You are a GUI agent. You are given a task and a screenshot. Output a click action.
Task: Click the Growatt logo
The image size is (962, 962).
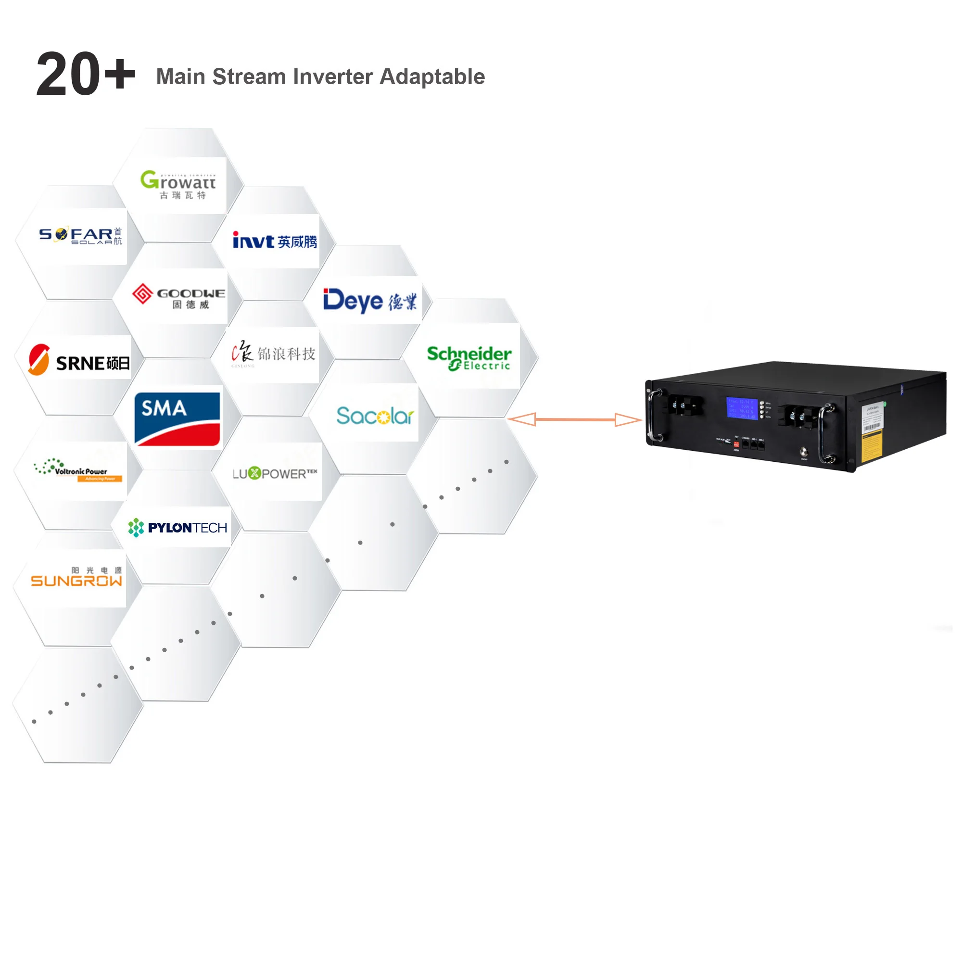pos(178,184)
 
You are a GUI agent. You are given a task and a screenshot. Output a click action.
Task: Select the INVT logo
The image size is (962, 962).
pos(274,241)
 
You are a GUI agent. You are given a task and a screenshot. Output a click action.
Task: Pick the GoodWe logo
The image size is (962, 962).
pos(178,296)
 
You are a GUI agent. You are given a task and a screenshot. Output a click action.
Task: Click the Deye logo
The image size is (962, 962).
pos(369,300)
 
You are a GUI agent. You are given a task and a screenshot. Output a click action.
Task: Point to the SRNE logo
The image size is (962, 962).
pos(79,360)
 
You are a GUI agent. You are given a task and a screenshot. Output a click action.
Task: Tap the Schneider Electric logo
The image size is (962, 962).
pos(468,357)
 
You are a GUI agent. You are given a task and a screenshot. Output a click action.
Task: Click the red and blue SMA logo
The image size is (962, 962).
pos(177,418)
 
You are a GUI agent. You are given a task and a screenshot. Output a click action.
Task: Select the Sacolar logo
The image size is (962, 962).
pos(374,415)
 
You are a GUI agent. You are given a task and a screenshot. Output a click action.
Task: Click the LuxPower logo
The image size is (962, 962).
pos(274,473)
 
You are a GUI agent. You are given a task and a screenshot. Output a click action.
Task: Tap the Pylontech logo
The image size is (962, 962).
pos(178,527)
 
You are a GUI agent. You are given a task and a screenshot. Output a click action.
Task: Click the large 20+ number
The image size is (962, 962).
pos(86,74)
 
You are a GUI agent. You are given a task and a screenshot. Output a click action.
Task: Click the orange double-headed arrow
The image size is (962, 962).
pos(575,419)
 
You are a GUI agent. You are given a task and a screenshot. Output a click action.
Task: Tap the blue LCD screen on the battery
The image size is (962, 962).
pos(741,408)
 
